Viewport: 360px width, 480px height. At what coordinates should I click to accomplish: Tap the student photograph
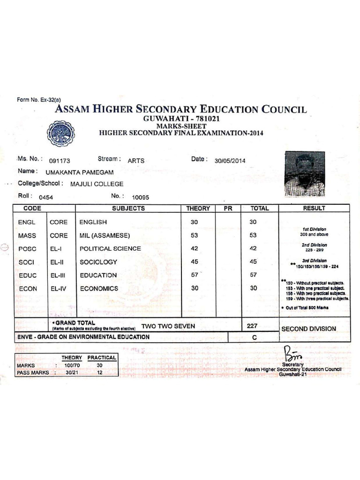coord(305,173)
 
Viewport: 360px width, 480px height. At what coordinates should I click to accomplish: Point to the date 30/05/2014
coord(230,160)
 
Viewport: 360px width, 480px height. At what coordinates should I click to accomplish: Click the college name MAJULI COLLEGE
coord(97,184)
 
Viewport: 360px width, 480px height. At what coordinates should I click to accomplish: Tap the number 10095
coord(141,197)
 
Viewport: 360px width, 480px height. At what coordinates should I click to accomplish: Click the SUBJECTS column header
coord(128,208)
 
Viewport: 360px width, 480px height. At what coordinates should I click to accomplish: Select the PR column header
coord(228,208)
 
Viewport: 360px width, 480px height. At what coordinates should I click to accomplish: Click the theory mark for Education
coord(195,275)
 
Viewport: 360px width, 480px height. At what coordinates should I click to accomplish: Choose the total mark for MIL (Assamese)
coord(253,235)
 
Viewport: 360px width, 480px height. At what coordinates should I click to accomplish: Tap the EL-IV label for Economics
coord(59,288)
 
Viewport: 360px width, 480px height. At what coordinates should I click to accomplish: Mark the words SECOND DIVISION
coord(308,329)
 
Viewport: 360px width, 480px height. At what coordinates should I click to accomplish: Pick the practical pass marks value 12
coord(99,373)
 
